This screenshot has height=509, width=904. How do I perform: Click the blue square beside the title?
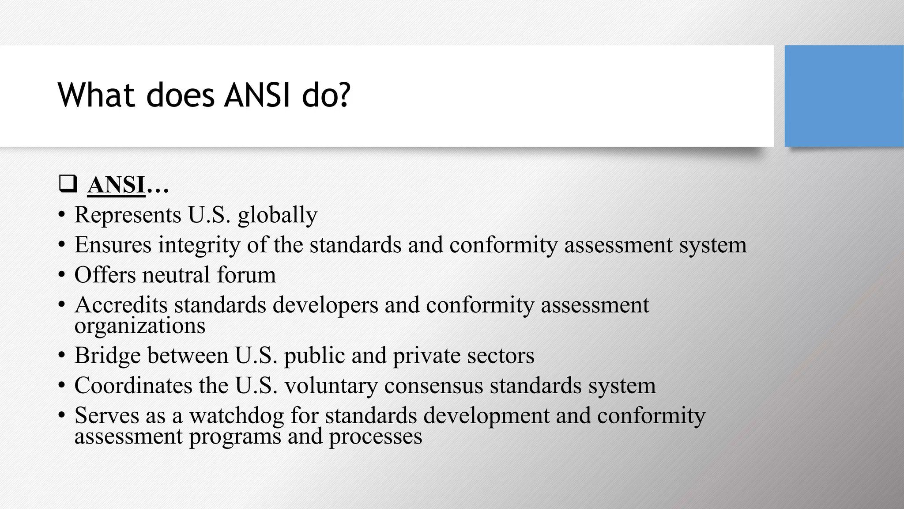point(844,96)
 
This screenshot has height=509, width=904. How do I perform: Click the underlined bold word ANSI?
point(117,185)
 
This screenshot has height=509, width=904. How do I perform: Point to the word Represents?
point(128,215)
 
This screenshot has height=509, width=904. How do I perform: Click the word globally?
point(277,215)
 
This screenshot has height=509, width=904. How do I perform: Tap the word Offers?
point(105,275)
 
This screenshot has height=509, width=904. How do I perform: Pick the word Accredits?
point(121,305)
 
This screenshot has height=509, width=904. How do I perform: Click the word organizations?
point(140,326)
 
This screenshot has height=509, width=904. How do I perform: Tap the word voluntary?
point(331,385)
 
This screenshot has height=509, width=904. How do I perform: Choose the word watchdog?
point(237,415)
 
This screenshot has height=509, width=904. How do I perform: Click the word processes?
point(375,437)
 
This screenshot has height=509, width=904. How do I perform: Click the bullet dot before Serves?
point(61,416)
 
